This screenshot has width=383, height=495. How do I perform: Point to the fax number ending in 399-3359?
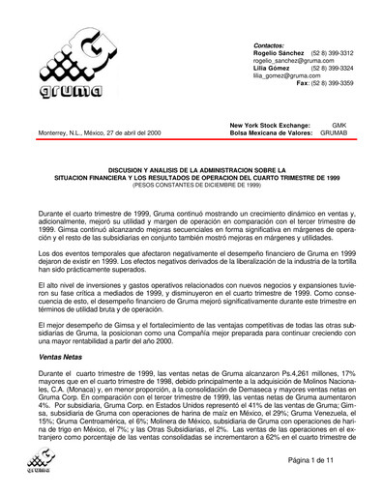pos(324,84)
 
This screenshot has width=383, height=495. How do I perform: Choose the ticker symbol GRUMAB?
pos(337,132)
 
